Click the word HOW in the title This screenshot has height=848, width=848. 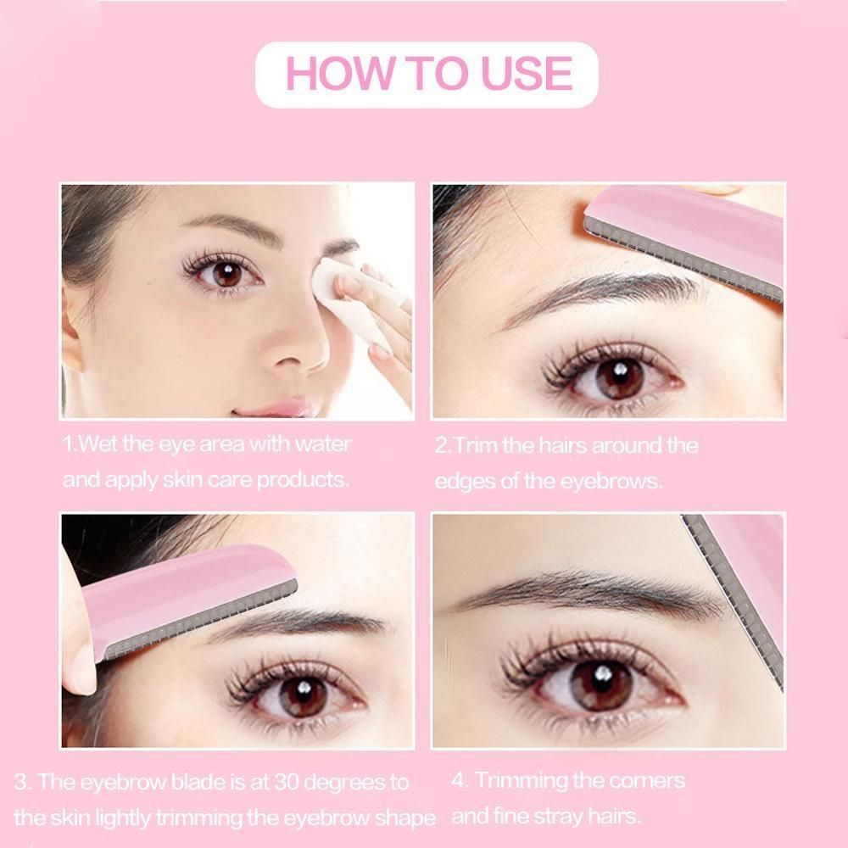(338, 73)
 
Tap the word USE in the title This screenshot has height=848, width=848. (526, 73)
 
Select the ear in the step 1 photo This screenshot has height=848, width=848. (73, 330)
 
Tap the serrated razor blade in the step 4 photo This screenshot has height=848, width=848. (733, 600)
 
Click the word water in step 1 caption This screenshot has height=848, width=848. (323, 444)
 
